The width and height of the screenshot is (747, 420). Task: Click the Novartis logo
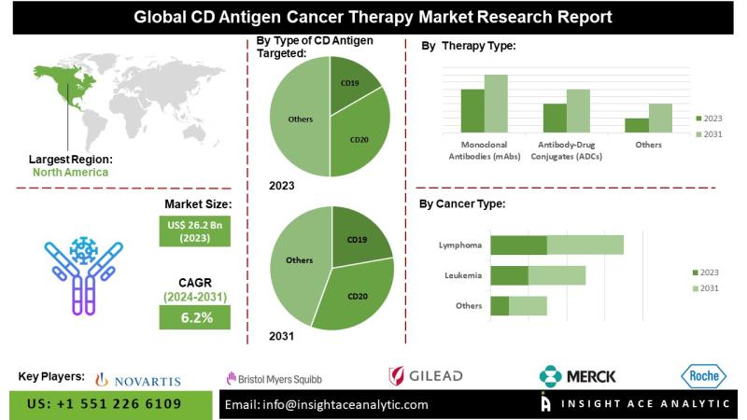coord(138,378)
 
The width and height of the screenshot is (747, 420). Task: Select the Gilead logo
coord(425,376)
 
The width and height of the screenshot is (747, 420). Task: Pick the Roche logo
coord(704,376)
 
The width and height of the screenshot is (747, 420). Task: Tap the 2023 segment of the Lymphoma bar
coord(518,245)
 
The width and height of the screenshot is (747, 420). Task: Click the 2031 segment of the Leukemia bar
coord(557,275)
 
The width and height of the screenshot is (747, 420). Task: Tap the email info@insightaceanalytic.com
coord(327,405)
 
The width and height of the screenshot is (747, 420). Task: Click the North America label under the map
coord(70,172)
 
